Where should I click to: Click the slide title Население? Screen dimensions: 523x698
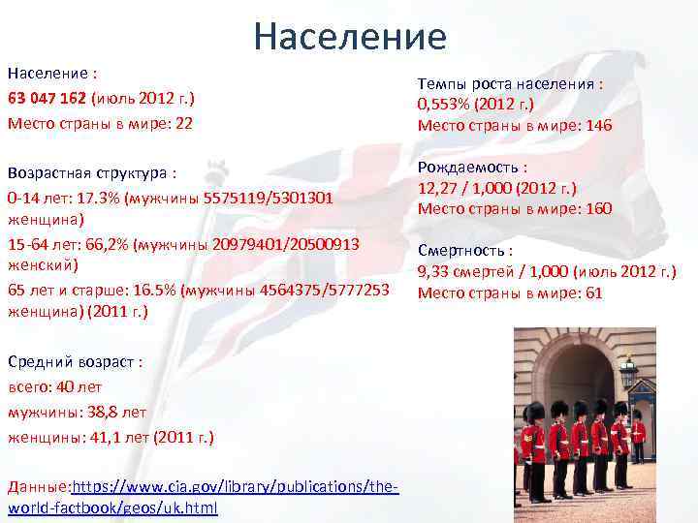350,36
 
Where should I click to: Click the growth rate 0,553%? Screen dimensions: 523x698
443,105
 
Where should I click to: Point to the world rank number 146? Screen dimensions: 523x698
599,126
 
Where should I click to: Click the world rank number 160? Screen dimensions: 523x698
599,208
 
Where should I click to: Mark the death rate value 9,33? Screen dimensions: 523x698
432,272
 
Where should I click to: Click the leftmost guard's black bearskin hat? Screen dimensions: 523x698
533,415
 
